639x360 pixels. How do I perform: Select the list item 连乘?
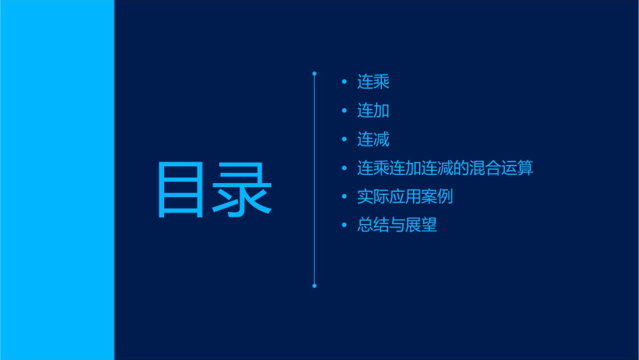pos(373,82)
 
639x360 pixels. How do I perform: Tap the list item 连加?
pos(373,111)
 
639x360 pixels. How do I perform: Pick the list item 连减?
pos(373,140)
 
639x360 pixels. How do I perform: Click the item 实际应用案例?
pos(406,197)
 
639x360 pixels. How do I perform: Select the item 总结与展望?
pos(398,225)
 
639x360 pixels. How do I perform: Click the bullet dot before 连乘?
pos(344,83)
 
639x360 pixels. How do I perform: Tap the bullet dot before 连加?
pos(344,111)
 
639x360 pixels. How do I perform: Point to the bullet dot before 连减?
pos(344,140)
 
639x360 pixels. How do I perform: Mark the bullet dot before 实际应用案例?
pos(344,197)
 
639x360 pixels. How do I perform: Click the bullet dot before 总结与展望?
pos(344,225)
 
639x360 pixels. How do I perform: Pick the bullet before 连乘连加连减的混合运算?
pos(344,168)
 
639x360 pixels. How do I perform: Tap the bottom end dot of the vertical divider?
pos(314,286)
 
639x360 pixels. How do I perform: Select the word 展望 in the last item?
pos(422,225)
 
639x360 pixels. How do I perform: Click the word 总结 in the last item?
pos(373,225)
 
